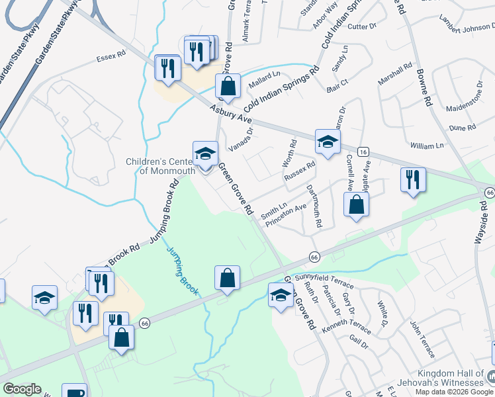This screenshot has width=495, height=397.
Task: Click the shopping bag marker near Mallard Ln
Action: click(228, 87)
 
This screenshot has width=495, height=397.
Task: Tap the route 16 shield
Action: click(363, 152)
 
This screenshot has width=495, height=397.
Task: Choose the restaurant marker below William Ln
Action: click(413, 180)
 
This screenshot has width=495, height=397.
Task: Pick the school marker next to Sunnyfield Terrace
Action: click(281, 295)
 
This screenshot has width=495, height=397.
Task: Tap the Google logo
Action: click(22, 389)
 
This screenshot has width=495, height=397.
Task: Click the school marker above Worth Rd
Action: click(327, 141)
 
